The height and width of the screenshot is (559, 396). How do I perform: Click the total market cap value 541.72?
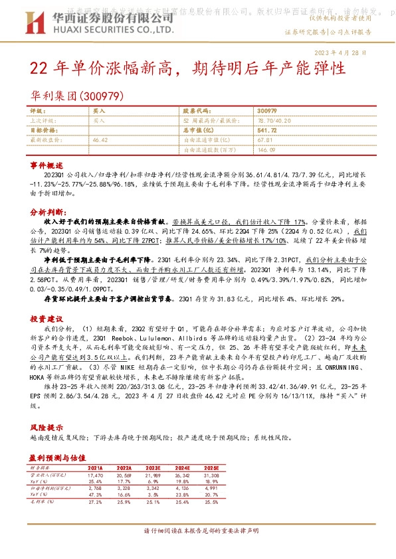(266, 131)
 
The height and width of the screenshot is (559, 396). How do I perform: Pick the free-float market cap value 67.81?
(264, 141)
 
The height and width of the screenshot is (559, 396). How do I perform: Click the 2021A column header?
(95, 467)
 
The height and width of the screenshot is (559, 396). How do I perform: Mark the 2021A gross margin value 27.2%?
(95, 503)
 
